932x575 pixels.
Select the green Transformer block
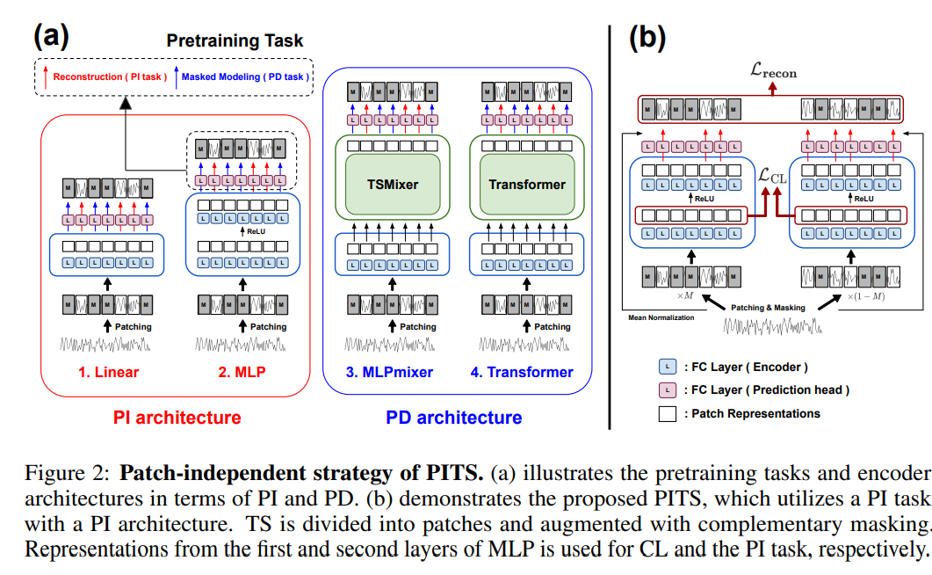coord(526,184)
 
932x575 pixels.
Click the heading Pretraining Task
coord(235,40)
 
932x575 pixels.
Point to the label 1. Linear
coord(108,372)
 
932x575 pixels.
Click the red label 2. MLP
coord(242,372)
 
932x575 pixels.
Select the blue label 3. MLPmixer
coord(389,372)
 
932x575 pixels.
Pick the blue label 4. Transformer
coord(522,372)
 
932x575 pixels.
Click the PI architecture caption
coord(177,417)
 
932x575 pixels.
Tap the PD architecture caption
coord(453,418)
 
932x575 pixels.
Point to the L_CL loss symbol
coord(773,177)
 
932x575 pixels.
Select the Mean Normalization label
coord(661,317)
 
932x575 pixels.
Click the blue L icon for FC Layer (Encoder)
coord(668,367)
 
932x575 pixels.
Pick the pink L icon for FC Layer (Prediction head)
coord(668,389)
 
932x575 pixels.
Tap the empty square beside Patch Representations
coord(668,412)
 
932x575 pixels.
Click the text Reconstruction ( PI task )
coord(109,76)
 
